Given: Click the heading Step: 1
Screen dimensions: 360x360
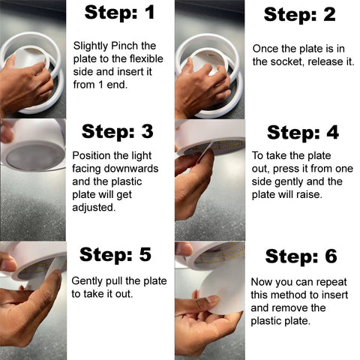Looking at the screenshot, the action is [x=119, y=13].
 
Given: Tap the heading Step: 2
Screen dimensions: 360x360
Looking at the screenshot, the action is [x=299, y=14].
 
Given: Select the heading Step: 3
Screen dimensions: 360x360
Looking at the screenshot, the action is [x=117, y=131].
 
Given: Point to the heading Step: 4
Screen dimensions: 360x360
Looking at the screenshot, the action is [x=303, y=133].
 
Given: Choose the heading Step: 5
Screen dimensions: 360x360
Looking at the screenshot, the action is [x=115, y=254].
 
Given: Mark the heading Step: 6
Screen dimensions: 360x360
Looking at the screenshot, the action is [x=301, y=256].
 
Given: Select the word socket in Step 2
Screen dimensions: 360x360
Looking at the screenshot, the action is [x=287, y=61].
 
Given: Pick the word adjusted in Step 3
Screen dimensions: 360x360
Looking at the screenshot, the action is [x=94, y=208].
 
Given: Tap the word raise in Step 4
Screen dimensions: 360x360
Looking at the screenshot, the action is [x=309, y=194].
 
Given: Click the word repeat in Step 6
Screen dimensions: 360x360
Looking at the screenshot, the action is [x=331, y=283].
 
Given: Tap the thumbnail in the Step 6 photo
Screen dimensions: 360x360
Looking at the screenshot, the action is [x=213, y=299].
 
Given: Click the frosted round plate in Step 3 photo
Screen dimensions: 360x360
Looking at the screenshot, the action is [x=34, y=157].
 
